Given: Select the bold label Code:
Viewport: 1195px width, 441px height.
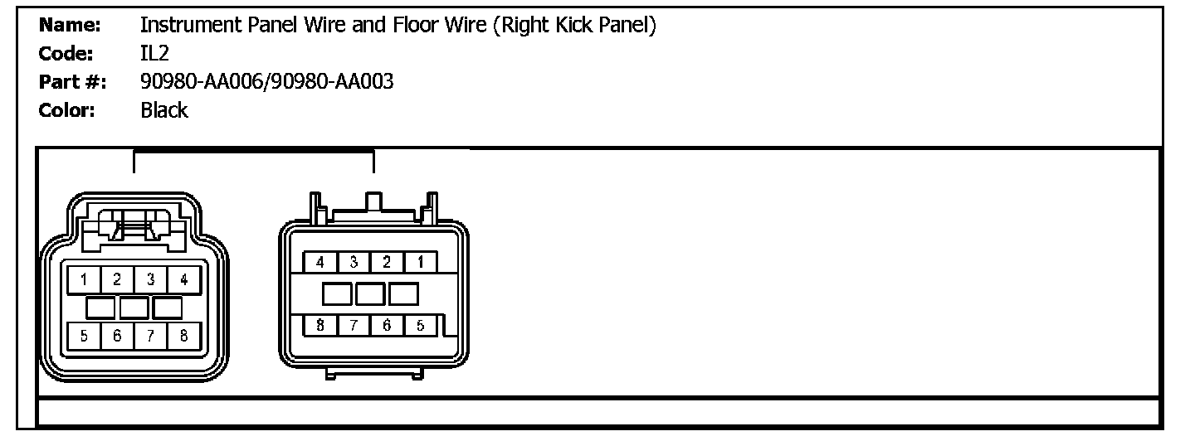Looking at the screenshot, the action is (68, 54).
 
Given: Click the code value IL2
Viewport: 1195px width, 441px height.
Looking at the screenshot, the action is (154, 54).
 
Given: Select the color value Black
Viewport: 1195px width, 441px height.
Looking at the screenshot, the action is (164, 110).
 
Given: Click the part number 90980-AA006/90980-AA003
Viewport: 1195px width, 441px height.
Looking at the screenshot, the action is (266, 82).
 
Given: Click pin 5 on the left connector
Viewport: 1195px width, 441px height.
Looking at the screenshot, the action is (85, 336).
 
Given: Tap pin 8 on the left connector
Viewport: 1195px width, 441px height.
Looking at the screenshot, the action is (183, 336).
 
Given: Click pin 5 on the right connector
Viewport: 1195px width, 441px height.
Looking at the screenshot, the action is (421, 325).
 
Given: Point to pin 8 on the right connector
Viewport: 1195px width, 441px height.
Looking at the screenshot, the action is (319, 325).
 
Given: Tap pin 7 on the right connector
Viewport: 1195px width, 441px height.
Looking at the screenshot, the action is (354, 325).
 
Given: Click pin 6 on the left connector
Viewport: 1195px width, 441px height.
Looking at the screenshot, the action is (118, 336).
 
